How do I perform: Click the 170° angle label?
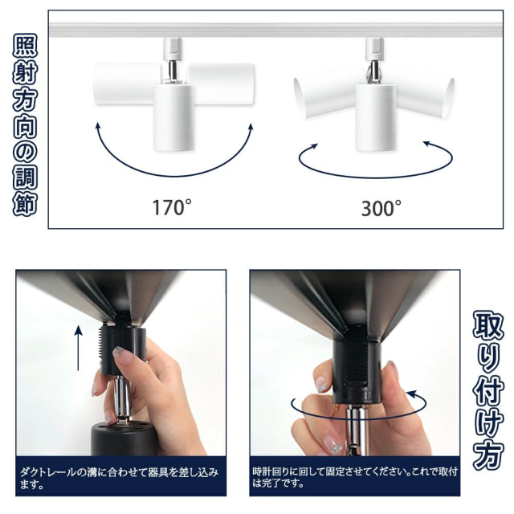click(172, 207)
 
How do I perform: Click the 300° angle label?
click(381, 208)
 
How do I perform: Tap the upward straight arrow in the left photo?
click(79, 348)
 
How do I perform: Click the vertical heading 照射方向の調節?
click(25, 124)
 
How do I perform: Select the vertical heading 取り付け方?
click(488, 389)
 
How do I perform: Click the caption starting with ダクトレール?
click(119, 478)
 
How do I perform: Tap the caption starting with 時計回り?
click(355, 477)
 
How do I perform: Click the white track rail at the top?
click(275, 30)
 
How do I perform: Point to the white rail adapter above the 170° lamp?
click(173, 49)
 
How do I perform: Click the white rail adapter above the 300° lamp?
click(375, 49)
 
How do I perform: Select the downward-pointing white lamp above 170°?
click(173, 117)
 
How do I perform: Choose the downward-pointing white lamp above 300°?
click(377, 117)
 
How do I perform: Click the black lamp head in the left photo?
click(123, 439)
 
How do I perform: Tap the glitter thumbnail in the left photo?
click(123, 355)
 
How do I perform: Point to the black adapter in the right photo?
click(357, 372)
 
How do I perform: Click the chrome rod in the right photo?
click(357, 430)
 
